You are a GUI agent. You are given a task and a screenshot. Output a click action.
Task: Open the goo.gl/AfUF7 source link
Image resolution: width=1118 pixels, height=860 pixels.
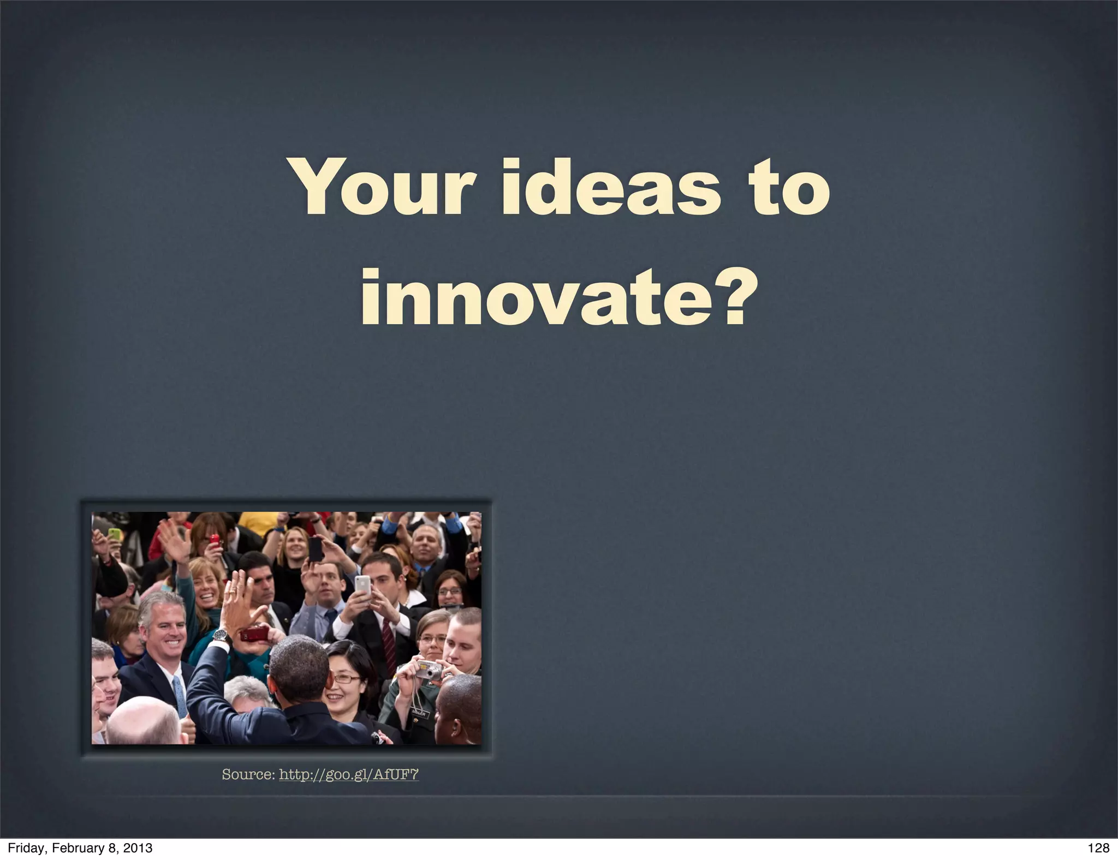(x=348, y=774)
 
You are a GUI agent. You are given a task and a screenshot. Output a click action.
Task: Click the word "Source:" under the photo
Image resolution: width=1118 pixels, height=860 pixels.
(x=248, y=774)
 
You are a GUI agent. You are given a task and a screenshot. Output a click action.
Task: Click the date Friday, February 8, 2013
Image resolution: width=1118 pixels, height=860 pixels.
(x=80, y=848)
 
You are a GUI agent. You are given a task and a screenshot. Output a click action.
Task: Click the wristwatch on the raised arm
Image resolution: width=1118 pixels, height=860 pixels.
(x=220, y=635)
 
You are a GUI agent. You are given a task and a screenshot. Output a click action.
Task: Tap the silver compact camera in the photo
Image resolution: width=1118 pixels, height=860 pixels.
(x=429, y=669)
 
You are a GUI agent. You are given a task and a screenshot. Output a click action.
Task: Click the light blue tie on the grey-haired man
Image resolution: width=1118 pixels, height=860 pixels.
(x=180, y=696)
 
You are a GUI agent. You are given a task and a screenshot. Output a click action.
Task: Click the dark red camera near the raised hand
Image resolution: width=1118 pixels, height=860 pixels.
(x=254, y=634)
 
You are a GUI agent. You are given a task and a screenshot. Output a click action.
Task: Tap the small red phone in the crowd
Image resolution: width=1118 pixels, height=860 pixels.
(x=215, y=541)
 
